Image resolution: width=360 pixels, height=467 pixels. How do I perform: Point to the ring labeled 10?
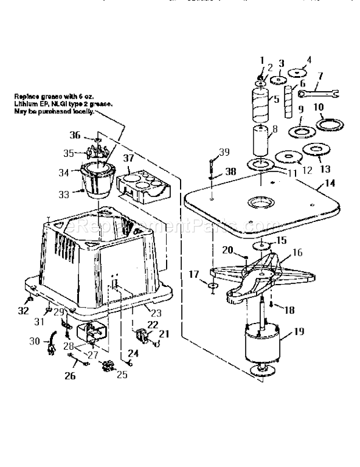click(x=328, y=124)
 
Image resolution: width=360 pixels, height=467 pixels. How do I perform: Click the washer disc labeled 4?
click(x=300, y=73)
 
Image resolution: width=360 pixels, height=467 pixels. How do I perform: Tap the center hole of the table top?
click(x=261, y=203)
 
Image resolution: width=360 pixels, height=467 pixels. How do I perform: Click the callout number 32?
click(x=23, y=311)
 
